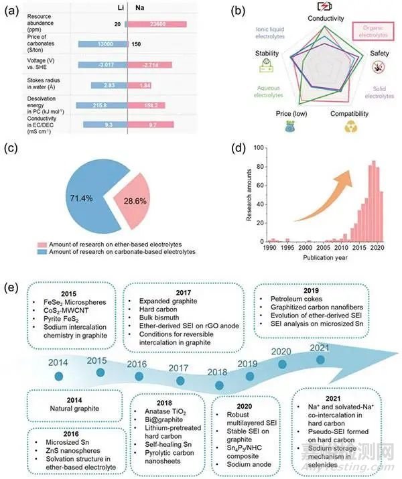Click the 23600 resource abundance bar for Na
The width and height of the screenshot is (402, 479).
pyautogui.click(x=157, y=24)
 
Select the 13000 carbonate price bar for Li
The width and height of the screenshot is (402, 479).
pyautogui.click(x=101, y=44)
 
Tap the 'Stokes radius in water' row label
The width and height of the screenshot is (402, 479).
pyautogui.click(x=38, y=86)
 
